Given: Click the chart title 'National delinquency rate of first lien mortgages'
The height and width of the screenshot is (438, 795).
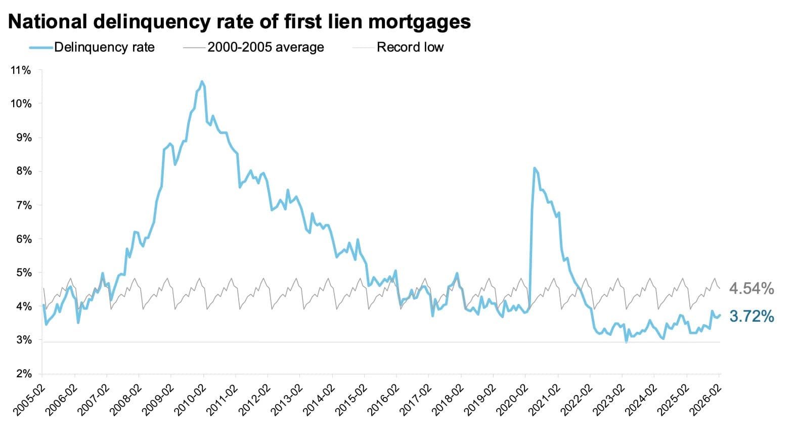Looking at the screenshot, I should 239,21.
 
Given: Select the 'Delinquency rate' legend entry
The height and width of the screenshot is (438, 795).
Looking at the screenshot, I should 104,47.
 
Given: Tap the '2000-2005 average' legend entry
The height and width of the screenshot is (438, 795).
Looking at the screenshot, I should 266,47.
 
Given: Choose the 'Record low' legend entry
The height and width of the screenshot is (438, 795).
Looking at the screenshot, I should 410,47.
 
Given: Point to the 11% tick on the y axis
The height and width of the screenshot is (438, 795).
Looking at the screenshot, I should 21,70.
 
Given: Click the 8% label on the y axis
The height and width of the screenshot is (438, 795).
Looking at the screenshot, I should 23,171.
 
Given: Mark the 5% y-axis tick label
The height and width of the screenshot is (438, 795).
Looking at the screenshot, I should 23,273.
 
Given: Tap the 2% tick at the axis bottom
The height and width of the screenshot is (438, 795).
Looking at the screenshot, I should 23,374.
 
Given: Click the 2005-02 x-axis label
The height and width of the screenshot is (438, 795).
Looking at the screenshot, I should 30,399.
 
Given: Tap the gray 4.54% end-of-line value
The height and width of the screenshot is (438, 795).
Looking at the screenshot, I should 751,288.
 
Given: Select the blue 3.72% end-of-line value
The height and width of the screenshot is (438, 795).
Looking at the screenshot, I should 751,317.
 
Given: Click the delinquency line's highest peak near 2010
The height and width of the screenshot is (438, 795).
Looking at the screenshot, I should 202,81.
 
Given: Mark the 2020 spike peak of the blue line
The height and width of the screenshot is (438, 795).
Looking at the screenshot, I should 535,168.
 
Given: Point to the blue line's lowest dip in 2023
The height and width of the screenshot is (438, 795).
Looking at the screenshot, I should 627,342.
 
